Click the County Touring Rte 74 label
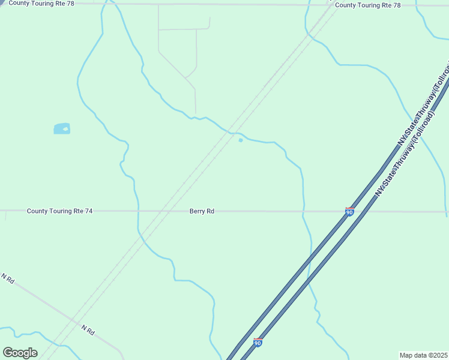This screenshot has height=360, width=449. (60, 211)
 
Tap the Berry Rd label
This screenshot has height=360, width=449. (202, 211)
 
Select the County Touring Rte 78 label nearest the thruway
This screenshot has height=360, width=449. (367, 5)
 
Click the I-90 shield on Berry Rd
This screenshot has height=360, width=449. (349, 212)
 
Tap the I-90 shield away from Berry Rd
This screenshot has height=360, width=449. (258, 343)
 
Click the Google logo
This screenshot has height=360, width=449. (20, 353)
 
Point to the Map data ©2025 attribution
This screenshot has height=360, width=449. (424, 355)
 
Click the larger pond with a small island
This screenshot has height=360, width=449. (62, 128)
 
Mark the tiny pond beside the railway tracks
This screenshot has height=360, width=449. (241, 140)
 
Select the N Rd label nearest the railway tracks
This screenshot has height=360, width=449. (88, 331)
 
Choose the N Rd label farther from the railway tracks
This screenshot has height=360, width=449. (8, 279)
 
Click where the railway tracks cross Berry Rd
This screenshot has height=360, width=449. (165, 211)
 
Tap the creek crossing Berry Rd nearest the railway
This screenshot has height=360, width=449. (138, 211)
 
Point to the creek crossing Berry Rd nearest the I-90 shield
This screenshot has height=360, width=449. (304, 212)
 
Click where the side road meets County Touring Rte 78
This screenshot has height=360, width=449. (158, 5)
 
